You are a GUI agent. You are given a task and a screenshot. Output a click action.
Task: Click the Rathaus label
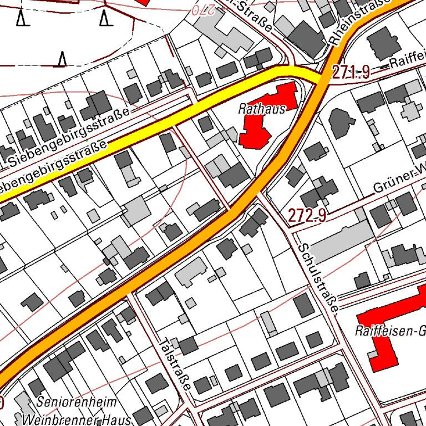click(262, 109)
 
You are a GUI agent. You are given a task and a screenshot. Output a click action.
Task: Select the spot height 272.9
click(307, 215)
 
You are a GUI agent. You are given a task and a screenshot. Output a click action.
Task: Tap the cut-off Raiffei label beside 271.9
click(407, 63)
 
